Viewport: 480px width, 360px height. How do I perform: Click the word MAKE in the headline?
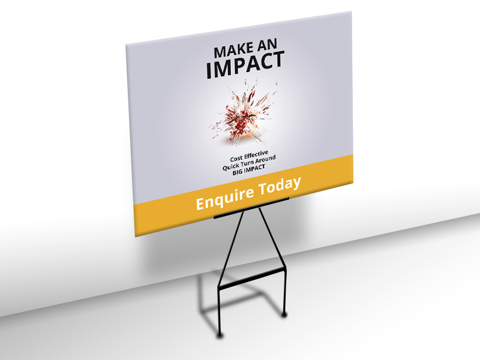pyautogui.click(x=233, y=51)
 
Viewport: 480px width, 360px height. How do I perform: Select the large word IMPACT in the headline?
pyautogui.click(x=245, y=65)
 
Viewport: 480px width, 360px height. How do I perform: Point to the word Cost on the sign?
pyautogui.click(x=236, y=159)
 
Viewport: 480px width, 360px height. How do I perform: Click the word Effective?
pyautogui.click(x=256, y=155)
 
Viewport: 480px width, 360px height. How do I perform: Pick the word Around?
pyautogui.click(x=265, y=160)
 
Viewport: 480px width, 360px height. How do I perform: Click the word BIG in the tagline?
pyautogui.click(x=238, y=172)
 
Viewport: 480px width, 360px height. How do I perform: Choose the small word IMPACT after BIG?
pyautogui.click(x=254, y=169)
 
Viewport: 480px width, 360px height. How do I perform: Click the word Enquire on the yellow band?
pyautogui.click(x=224, y=199)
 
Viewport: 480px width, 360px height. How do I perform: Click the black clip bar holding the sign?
pyautogui.click(x=251, y=208)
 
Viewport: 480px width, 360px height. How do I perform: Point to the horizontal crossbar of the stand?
pyautogui.click(x=252, y=278)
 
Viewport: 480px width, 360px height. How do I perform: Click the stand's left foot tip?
pyautogui.click(x=220, y=335)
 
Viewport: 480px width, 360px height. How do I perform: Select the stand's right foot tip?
pyautogui.click(x=284, y=314)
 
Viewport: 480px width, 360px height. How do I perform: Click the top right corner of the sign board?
pyautogui.click(x=351, y=11)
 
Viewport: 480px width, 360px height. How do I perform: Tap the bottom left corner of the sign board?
pyautogui.click(x=136, y=236)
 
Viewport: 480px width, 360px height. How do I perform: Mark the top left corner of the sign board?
pyautogui.click(x=126, y=44)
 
